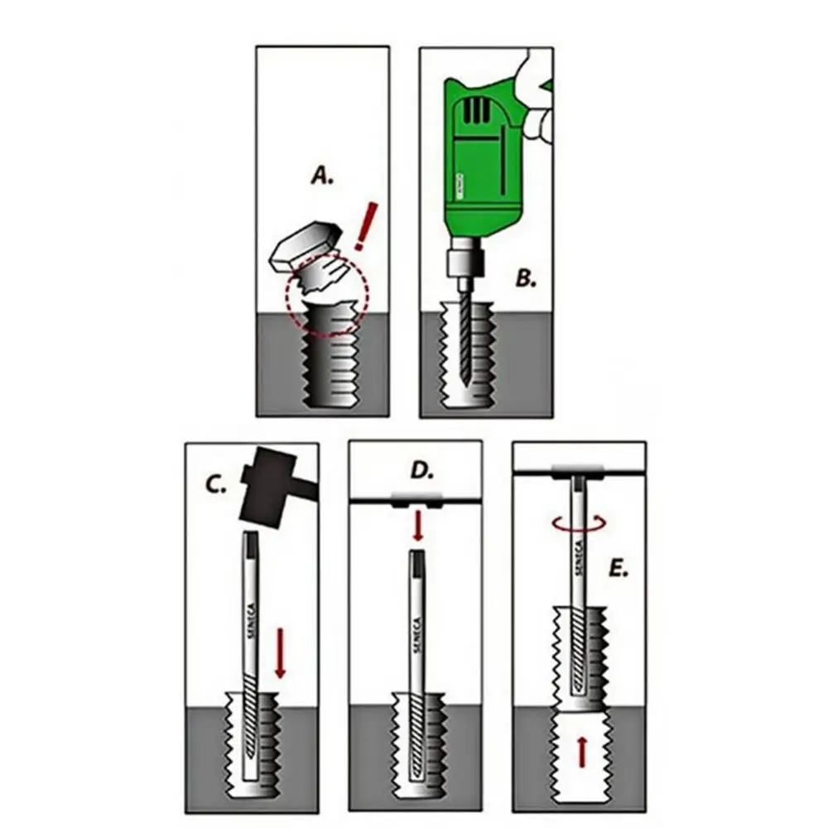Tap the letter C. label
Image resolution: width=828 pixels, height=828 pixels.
(x=216, y=484)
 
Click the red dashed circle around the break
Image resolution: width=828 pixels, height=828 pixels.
(x=325, y=296)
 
